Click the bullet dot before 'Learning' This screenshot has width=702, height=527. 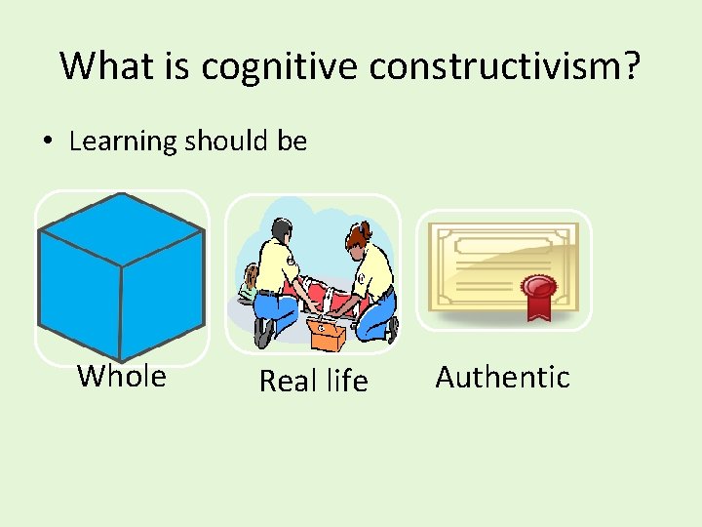point(47,142)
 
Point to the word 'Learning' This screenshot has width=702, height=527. point(122,142)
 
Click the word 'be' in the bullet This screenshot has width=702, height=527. point(292,142)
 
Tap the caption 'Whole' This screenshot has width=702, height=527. point(122,376)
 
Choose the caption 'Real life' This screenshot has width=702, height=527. point(313,381)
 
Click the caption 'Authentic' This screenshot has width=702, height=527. point(502,377)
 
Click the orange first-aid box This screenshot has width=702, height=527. point(326,335)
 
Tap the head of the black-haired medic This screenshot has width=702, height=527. point(280,232)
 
